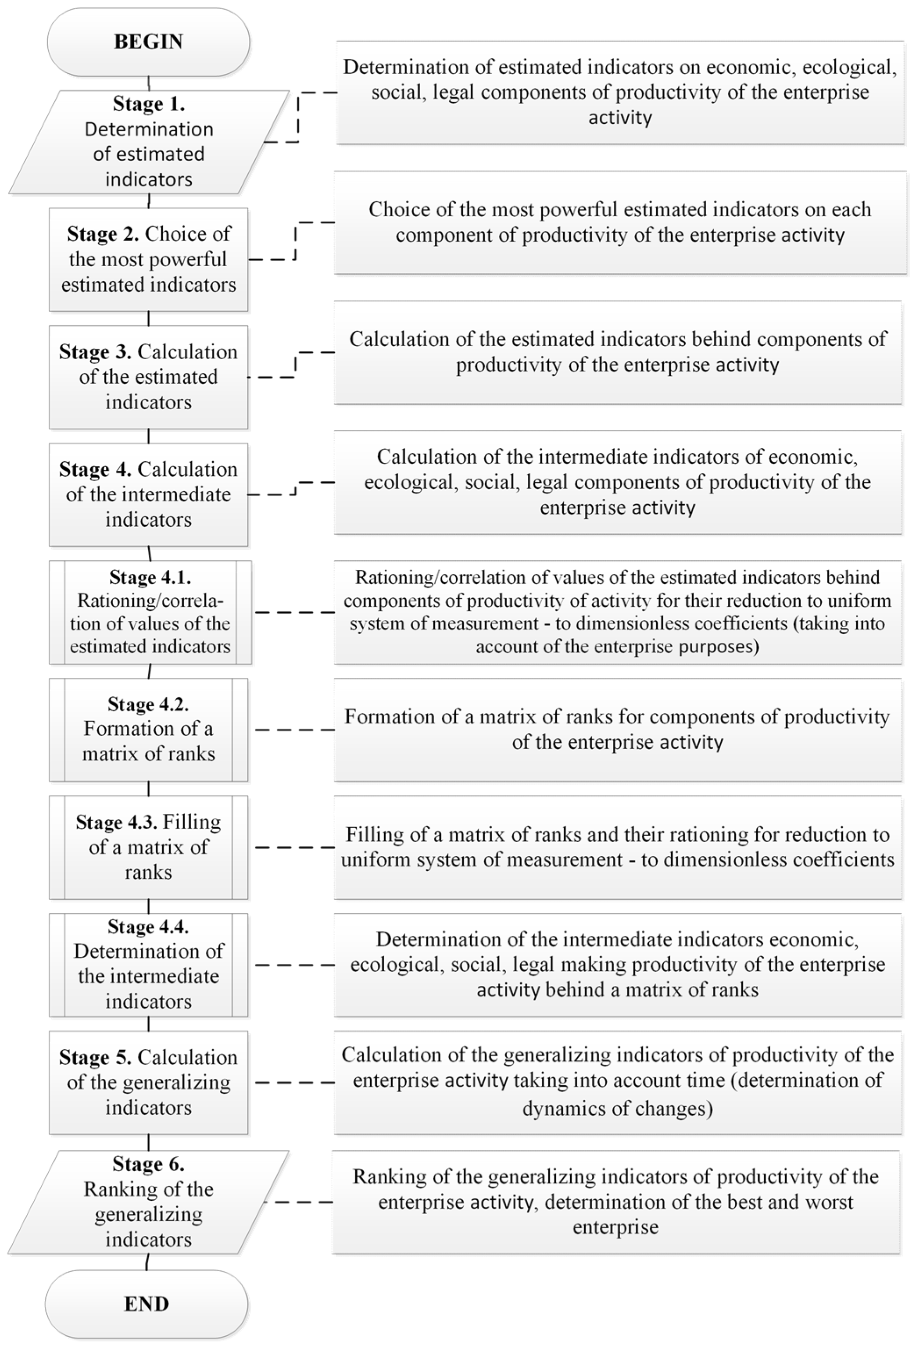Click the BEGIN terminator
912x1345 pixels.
point(148,42)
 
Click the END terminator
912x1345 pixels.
point(147,1303)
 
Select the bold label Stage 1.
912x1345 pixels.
point(149,104)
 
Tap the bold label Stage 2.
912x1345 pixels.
point(102,234)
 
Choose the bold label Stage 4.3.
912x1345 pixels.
point(116,822)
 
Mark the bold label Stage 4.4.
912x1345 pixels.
point(148,926)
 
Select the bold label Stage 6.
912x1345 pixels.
point(148,1164)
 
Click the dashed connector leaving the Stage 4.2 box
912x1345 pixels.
point(294,730)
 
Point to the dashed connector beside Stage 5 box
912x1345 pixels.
point(294,1082)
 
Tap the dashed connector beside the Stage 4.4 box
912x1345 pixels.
point(294,965)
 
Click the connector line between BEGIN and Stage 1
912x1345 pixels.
point(149,83)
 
